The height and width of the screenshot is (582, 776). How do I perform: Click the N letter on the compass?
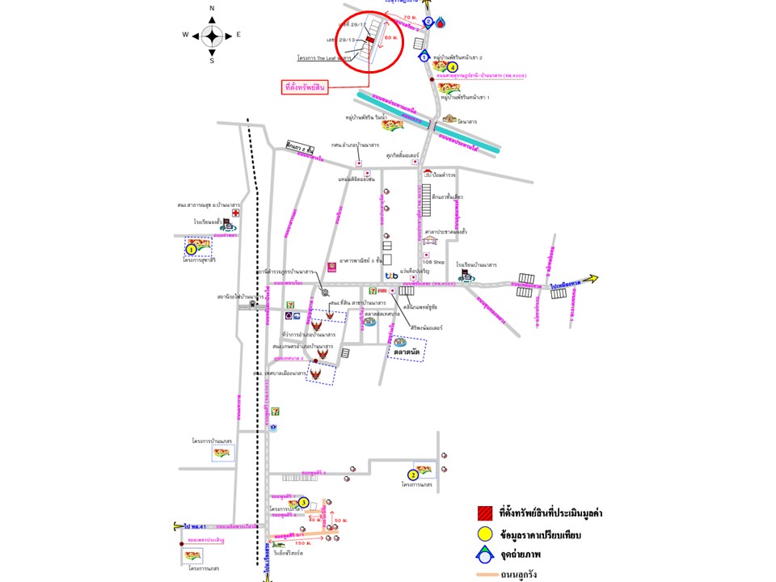[x=212, y=9]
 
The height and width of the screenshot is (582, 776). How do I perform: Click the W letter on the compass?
[x=185, y=35]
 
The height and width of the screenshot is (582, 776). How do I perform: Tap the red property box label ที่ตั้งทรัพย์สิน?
[x=305, y=86]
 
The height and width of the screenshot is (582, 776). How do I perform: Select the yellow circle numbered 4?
[x=453, y=68]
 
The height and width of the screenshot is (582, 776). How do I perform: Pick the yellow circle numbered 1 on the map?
[x=192, y=250]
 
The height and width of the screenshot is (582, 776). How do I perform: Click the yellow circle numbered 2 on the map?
[x=413, y=475]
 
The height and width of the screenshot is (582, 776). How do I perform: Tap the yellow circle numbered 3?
[x=303, y=503]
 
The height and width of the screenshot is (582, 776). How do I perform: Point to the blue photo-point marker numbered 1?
[x=424, y=57]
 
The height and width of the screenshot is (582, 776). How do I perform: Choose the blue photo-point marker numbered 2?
[x=429, y=23]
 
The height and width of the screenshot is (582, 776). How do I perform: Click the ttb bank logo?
[x=391, y=276]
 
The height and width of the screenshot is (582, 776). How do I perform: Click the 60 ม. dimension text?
[x=391, y=38]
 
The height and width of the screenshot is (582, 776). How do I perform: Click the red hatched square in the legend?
[x=485, y=512]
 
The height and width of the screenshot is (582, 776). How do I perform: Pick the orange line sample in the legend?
[x=485, y=575]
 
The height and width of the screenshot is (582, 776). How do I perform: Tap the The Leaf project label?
[x=323, y=59]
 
